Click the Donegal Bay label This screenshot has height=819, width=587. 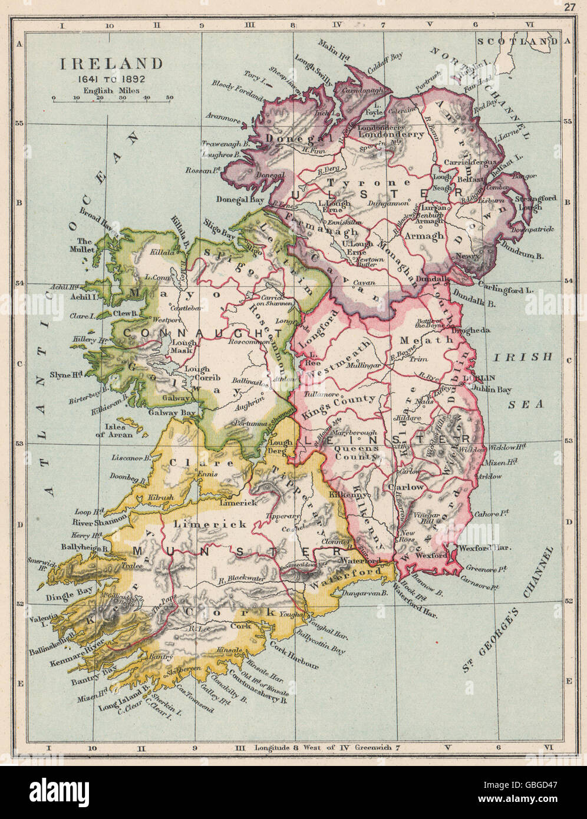(x=238, y=199)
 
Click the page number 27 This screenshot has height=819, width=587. (x=568, y=6)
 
